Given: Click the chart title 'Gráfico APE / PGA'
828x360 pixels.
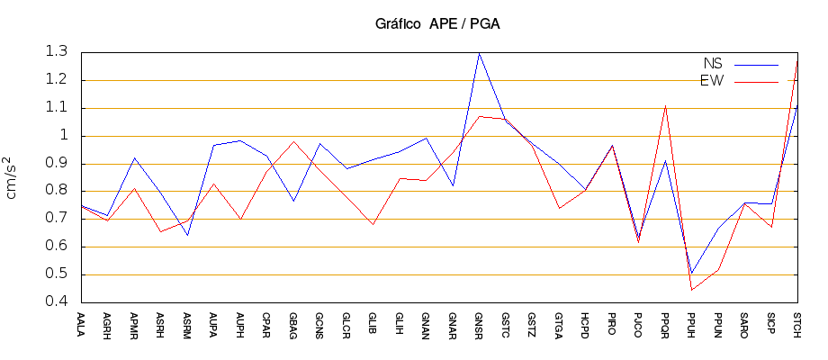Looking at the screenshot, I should (x=437, y=24).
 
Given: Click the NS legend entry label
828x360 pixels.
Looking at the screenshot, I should (x=713, y=64).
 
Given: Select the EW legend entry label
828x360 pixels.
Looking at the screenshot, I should (x=712, y=81).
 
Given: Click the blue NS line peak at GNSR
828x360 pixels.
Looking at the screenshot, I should (x=479, y=53).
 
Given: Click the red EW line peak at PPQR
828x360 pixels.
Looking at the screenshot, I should (x=665, y=106).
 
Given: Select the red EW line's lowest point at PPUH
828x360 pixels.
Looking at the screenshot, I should (x=691, y=290).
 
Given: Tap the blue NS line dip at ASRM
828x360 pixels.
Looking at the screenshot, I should (x=187, y=236).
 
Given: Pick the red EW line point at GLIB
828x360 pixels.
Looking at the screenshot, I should (x=373, y=224).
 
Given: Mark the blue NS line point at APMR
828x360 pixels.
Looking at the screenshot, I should (x=134, y=157).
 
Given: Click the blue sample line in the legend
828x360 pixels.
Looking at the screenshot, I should (x=756, y=65).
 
